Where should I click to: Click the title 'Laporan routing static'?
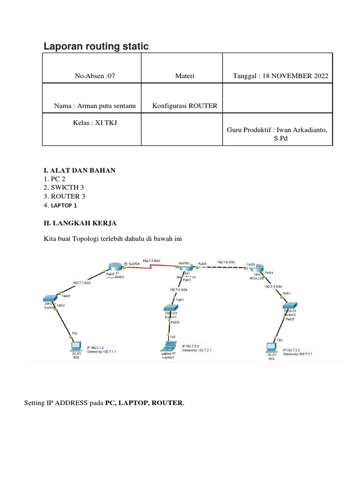96,46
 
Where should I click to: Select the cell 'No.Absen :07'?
92,76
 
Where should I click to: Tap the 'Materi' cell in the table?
181,76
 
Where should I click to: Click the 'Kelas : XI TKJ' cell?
92,122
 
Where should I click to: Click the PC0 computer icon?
74,347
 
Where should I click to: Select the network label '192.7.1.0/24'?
82,283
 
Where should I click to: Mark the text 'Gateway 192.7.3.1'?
298,354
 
